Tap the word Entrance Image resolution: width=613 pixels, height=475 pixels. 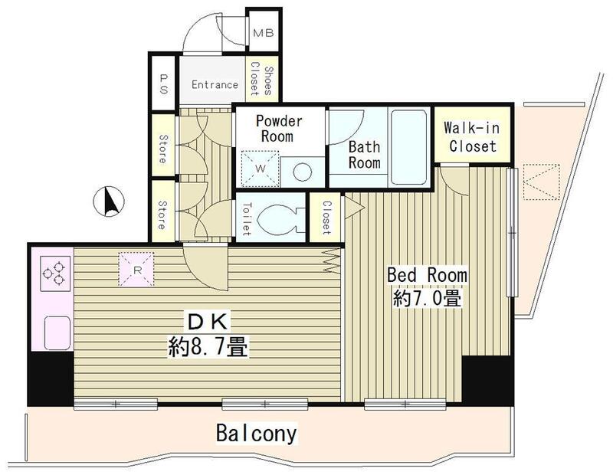pos(214,84)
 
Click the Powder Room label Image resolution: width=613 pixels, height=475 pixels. pos(279,129)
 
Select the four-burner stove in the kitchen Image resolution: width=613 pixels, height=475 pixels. pos(51,275)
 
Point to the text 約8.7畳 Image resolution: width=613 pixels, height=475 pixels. pos(207,349)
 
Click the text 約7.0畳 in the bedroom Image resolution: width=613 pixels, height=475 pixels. pos(428,298)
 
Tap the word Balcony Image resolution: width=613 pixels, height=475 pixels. pos(255,434)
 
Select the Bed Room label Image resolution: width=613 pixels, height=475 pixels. pos(427,274)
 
